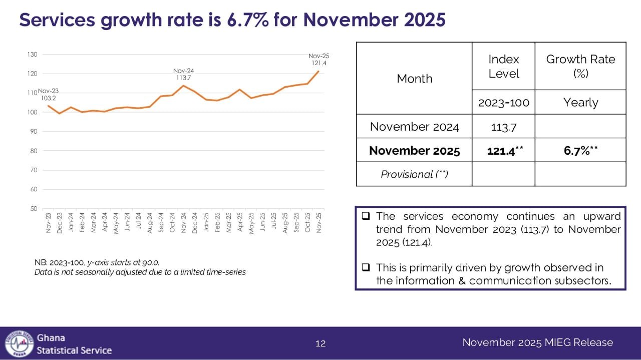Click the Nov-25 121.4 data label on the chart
pyautogui.click(x=318, y=60)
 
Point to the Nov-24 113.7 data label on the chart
pyautogui.click(x=183, y=74)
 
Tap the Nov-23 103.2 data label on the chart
pyautogui.click(x=48, y=95)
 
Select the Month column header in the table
pyautogui.click(x=414, y=79)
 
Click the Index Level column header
pyautogui.click(x=503, y=67)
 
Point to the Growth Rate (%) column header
pyautogui.click(x=580, y=67)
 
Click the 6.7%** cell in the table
pyautogui.click(x=580, y=150)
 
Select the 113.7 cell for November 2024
pyautogui.click(x=503, y=127)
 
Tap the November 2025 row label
pyautogui.click(x=414, y=150)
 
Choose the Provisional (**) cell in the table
pyautogui.click(x=414, y=174)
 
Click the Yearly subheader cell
pyautogui.click(x=580, y=103)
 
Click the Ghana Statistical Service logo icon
pyautogui.click(x=19, y=343)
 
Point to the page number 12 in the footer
pyautogui.click(x=320, y=343)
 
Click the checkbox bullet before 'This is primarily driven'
pyautogui.click(x=366, y=268)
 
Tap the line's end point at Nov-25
pyautogui.click(x=318, y=71)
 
